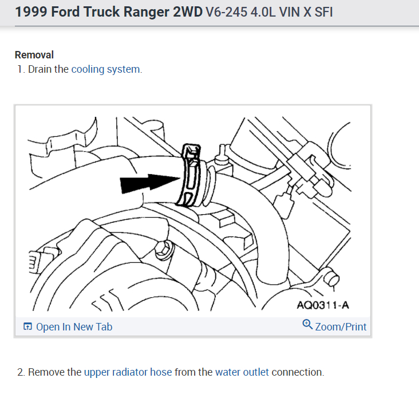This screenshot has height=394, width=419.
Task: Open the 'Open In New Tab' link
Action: [x=74, y=327]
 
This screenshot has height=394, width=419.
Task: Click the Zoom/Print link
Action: [x=341, y=327]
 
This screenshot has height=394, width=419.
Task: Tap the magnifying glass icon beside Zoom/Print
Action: [x=307, y=325]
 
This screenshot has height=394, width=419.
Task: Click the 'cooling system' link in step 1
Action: [x=105, y=69]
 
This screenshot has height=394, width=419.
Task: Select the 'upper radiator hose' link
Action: [x=128, y=372]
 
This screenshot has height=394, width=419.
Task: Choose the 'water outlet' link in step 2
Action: [x=242, y=372]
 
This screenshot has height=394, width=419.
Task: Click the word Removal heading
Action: [x=34, y=55]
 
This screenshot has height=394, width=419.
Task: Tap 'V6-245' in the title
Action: [x=224, y=12]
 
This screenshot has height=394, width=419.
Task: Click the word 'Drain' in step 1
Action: [x=40, y=69]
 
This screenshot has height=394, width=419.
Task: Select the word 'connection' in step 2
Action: [x=297, y=372]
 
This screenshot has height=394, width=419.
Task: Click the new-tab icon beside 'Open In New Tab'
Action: [x=27, y=327]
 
